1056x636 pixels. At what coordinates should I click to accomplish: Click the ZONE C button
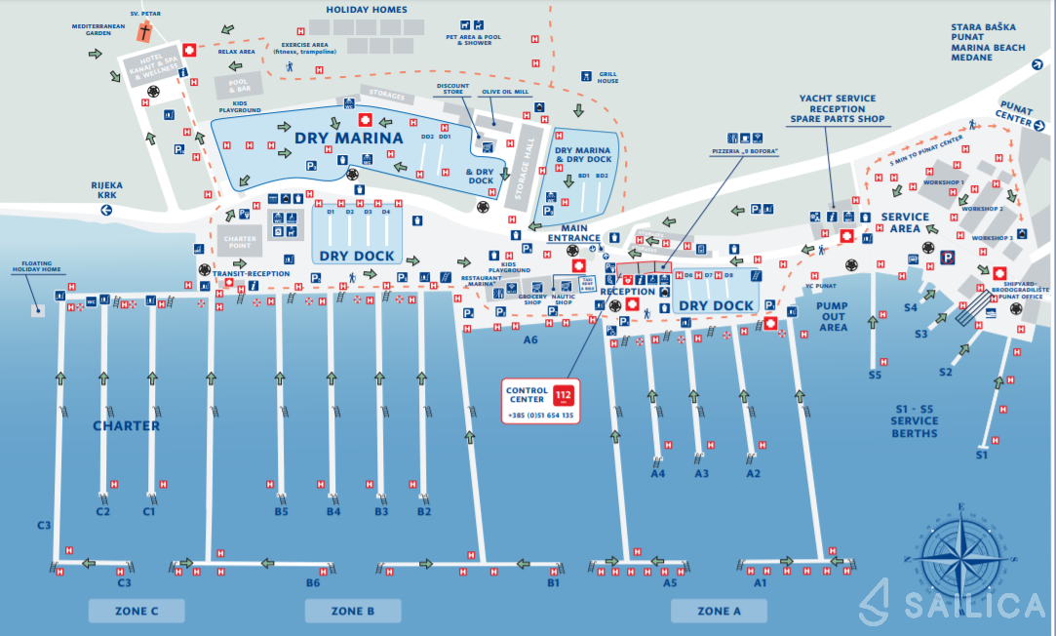coord(136,611)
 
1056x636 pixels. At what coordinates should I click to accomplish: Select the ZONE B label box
coord(352,611)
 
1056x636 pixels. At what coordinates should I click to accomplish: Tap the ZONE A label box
coord(718,611)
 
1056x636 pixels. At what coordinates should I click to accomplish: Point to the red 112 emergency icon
coord(563,395)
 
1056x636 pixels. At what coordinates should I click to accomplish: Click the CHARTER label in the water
coord(126,425)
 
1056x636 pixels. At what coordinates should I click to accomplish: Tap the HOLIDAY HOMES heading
coord(367,10)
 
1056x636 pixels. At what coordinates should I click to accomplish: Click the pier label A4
coord(658,474)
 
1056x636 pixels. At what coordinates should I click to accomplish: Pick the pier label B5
coord(281,511)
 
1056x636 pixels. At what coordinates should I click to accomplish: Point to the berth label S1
coord(982,455)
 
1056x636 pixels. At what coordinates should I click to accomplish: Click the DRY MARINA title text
coord(348,139)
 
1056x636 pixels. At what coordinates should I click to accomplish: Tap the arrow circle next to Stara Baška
coord(1036,64)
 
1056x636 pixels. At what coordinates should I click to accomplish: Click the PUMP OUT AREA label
coord(833,317)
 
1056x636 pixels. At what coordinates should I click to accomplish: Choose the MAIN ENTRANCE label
coord(574,233)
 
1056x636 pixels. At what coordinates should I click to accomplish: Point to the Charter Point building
coord(239,240)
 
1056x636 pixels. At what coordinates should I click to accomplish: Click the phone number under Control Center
coord(539,416)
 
